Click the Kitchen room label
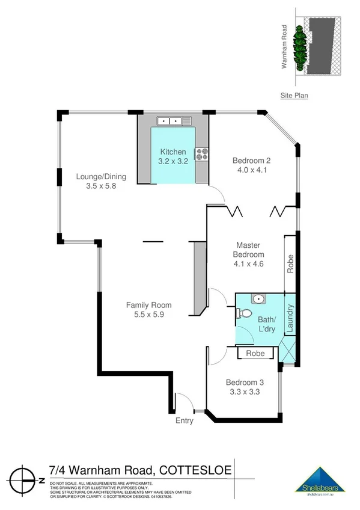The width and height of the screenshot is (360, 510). coord(172,152)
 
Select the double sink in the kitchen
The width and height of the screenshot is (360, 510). coord(169,121)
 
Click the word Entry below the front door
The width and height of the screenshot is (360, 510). coord(185,421)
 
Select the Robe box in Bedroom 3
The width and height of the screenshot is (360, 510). coord(255,354)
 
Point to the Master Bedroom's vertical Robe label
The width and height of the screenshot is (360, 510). coord(290,265)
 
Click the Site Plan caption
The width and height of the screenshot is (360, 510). coord(294,95)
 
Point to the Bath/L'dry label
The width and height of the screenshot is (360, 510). coord(266,324)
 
